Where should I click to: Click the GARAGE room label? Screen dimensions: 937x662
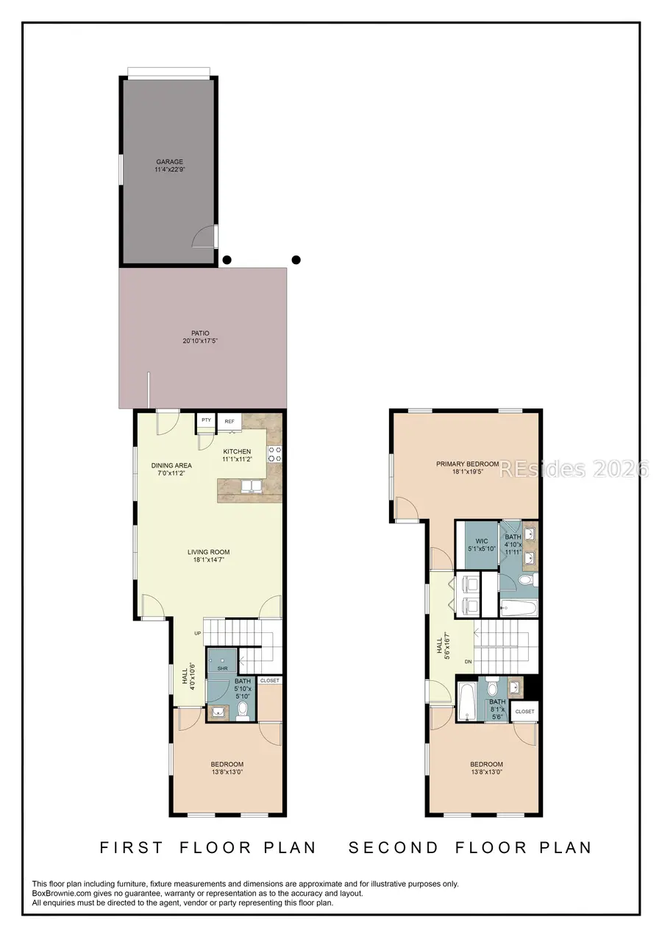(x=169, y=162)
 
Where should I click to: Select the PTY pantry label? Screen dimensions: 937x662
(x=206, y=420)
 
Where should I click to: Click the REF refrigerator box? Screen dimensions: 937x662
(x=229, y=421)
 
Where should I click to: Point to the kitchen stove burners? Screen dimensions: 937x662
(x=275, y=454)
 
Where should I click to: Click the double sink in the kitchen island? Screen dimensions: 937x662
(x=251, y=487)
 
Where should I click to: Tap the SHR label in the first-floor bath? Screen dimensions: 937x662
(x=222, y=668)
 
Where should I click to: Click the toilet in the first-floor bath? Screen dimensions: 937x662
(x=242, y=711)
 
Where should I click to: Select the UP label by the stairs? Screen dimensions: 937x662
(x=197, y=633)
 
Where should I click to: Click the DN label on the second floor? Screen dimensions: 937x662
(x=468, y=662)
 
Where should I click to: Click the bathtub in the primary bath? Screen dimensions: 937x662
(x=519, y=608)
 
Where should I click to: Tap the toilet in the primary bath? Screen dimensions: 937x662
(x=526, y=580)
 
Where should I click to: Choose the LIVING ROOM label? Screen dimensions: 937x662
(x=208, y=552)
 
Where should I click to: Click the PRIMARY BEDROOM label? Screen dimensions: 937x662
(x=467, y=464)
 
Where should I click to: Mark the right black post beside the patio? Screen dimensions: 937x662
(x=296, y=259)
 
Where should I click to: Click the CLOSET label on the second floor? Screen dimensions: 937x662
(x=525, y=712)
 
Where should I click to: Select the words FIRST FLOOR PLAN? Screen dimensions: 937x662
(x=208, y=847)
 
